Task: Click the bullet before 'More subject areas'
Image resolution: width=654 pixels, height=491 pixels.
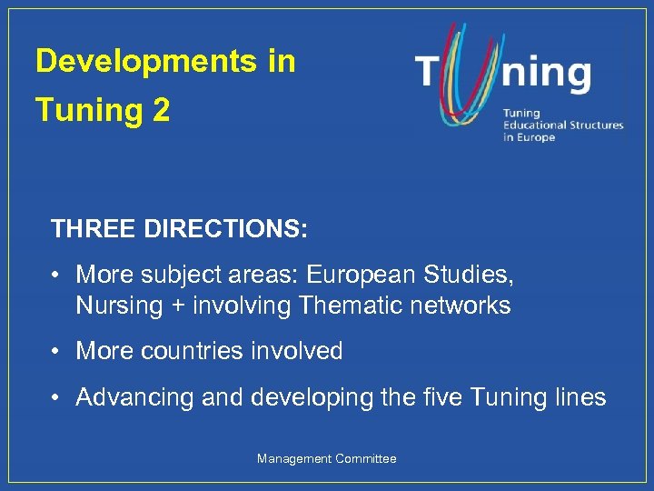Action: click(56, 274)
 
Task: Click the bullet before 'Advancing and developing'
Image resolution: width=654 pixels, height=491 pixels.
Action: click(56, 397)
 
